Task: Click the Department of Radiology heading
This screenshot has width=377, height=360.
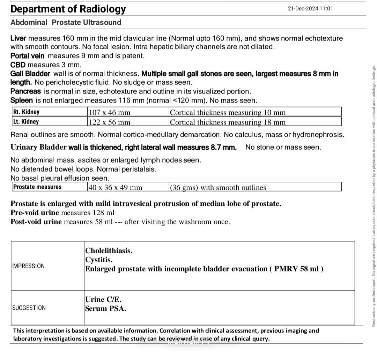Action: click(x=68, y=9)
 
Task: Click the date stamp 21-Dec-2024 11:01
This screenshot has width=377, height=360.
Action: click(x=310, y=9)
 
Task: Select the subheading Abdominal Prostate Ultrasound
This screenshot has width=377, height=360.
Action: click(x=66, y=23)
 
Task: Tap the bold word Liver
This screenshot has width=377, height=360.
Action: click(x=19, y=38)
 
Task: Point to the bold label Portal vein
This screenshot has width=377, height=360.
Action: click(x=28, y=56)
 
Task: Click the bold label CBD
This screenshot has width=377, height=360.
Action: click(x=18, y=65)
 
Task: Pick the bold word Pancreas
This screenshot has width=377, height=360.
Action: click(x=25, y=91)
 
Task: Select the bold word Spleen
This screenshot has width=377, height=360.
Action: click(x=22, y=100)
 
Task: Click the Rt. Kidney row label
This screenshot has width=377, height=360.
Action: click(x=26, y=112)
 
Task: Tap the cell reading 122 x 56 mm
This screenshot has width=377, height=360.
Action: click(x=109, y=122)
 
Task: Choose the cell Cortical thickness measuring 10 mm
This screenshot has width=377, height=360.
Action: click(x=228, y=112)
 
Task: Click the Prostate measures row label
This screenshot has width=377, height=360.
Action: click(x=37, y=187)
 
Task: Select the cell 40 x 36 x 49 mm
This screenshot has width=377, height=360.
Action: click(x=116, y=188)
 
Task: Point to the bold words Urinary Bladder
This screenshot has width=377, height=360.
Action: click(x=38, y=147)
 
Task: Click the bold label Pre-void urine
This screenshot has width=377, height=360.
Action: click(x=35, y=212)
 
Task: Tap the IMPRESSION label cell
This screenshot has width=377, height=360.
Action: click(x=29, y=266)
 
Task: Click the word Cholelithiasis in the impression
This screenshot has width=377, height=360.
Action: click(x=109, y=251)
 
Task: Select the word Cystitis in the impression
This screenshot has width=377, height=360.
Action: click(x=99, y=260)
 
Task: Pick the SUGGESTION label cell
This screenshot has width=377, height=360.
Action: click(x=29, y=308)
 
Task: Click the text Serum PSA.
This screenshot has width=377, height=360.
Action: click(x=105, y=309)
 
